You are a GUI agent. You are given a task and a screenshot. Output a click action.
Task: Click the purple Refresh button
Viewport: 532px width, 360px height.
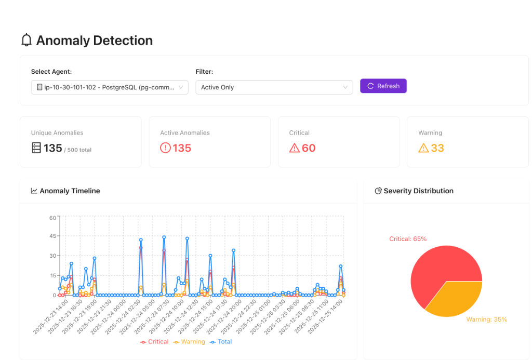pyautogui.click(x=383, y=86)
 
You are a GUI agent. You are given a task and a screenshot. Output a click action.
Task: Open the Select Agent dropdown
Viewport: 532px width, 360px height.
pyautogui.click(x=109, y=87)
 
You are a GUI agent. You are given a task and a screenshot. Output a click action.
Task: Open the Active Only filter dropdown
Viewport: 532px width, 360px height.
pyautogui.click(x=274, y=87)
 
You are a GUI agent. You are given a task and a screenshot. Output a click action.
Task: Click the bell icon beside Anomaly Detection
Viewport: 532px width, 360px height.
pyautogui.click(x=26, y=40)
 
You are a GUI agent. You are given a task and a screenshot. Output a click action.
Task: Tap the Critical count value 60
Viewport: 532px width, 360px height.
pyautogui.click(x=309, y=148)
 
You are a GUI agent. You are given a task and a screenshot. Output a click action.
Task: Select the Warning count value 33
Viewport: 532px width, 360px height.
pyautogui.click(x=437, y=148)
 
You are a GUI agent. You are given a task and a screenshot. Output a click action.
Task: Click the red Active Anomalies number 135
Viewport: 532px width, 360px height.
pyautogui.click(x=182, y=148)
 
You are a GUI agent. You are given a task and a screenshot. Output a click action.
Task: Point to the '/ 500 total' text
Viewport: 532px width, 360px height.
pyautogui.click(x=78, y=150)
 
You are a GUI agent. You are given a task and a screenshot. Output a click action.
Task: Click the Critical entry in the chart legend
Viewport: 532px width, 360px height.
pyautogui.click(x=155, y=342)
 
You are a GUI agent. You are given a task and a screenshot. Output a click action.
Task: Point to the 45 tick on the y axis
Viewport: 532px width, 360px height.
pyautogui.click(x=52, y=236)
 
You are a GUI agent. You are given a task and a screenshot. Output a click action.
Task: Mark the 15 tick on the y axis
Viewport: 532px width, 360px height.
pyautogui.click(x=52, y=275)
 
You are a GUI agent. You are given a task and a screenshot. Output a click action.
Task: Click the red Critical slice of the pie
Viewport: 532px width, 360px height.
pyautogui.click(x=436, y=270)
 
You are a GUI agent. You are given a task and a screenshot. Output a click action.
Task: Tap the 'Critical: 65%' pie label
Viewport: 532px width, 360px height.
pyautogui.click(x=408, y=239)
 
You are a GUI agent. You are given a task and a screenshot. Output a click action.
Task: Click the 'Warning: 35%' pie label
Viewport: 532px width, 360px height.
pyautogui.click(x=486, y=319)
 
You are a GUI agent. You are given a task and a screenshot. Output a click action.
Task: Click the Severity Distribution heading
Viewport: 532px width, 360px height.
pyautogui.click(x=418, y=191)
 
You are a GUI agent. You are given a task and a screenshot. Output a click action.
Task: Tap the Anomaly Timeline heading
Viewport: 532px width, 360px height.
pyautogui.click(x=70, y=191)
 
